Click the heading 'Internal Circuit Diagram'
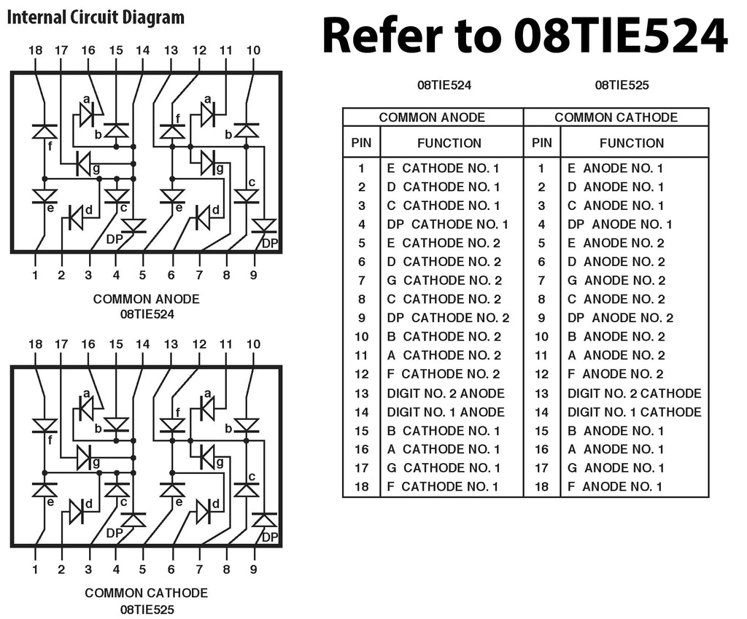[96, 17]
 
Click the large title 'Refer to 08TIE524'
[525, 36]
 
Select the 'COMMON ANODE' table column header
[433, 117]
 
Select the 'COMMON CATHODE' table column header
[616, 117]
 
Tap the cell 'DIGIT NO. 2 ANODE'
[446, 393]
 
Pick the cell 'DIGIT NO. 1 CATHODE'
[634, 412]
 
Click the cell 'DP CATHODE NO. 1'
[447, 225]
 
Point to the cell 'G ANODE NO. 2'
[616, 281]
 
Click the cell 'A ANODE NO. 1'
[616, 449]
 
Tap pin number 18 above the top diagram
[35, 50]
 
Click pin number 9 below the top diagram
[254, 275]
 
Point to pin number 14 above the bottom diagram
[142, 344]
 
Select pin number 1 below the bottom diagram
[35, 569]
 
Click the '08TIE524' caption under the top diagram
[146, 314]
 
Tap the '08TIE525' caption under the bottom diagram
[146, 609]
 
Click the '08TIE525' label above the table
[622, 85]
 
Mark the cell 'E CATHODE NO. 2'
[444, 243]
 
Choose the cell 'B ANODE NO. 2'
[616, 337]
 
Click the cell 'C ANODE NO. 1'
[616, 206]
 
